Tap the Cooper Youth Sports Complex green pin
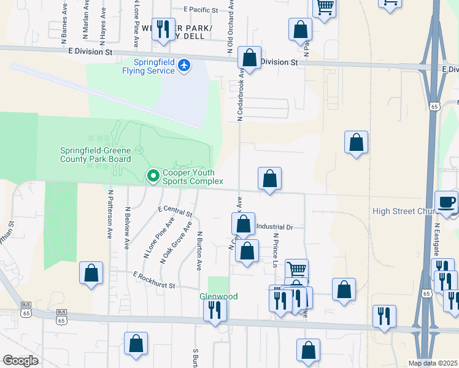pos(153,177)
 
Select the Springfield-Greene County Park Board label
pos(95,155)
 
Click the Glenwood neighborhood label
pos(218,296)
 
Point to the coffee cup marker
pos(446,202)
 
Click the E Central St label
pos(175,212)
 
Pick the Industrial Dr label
pos(276,227)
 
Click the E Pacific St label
pos(201,10)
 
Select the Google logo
pos(21,360)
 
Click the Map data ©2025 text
pos(433,363)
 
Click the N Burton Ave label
pos(199,251)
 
